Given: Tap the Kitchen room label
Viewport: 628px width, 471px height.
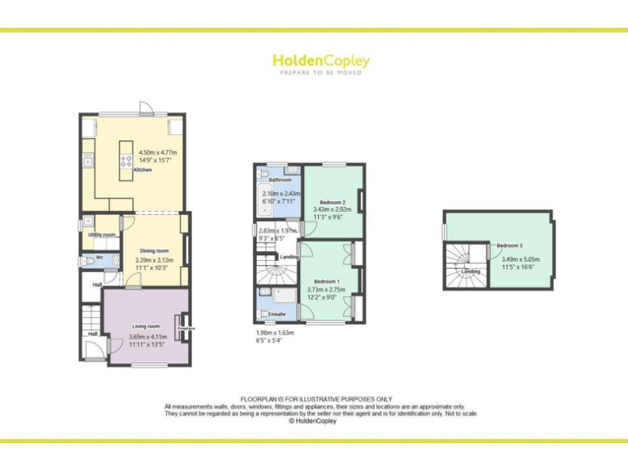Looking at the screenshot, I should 142,170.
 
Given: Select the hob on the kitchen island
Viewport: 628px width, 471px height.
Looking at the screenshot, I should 126,160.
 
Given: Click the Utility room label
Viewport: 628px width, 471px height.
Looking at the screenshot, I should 102,235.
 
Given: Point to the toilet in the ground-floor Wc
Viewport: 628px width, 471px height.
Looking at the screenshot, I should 90,262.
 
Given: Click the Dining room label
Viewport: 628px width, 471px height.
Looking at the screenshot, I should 154,251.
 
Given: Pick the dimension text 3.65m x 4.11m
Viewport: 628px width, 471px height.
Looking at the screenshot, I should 147,337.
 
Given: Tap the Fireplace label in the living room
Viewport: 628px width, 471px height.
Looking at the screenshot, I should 186,329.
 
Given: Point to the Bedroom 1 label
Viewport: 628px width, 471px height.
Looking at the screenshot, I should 327,281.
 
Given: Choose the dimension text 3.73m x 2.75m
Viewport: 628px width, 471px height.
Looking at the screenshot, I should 326,289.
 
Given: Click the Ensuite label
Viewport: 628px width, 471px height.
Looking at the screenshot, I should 277,314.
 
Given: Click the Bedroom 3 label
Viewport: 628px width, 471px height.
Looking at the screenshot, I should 509,245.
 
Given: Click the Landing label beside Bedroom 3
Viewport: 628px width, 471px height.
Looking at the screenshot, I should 471,271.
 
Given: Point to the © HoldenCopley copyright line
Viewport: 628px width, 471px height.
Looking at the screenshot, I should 314,422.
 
